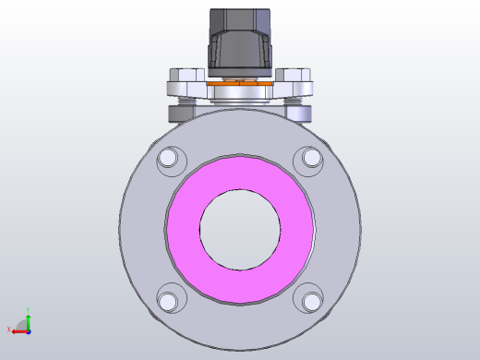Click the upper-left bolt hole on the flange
pyautogui.click(x=168, y=160)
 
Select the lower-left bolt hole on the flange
pyautogui.click(x=168, y=301)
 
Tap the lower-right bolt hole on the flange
pyautogui.click(x=311, y=301)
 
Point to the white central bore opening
pyautogui.click(x=240, y=230)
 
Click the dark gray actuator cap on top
pyautogui.click(x=240, y=37)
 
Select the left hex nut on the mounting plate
pyautogui.click(x=186, y=75)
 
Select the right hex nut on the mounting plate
pyautogui.click(x=294, y=75)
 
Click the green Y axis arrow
pyautogui.click(x=29, y=319)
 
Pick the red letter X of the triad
pyautogui.click(x=9, y=330)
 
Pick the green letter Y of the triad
pyautogui.click(x=29, y=310)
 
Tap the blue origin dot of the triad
pyautogui.click(x=29, y=330)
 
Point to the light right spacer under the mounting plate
pyautogui.click(x=300, y=112)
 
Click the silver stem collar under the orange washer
pyautogui.click(x=240, y=94)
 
